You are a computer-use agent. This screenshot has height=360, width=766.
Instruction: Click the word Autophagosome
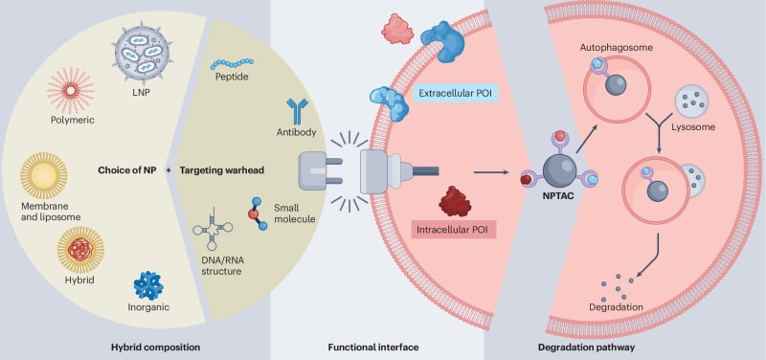point(612,46)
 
